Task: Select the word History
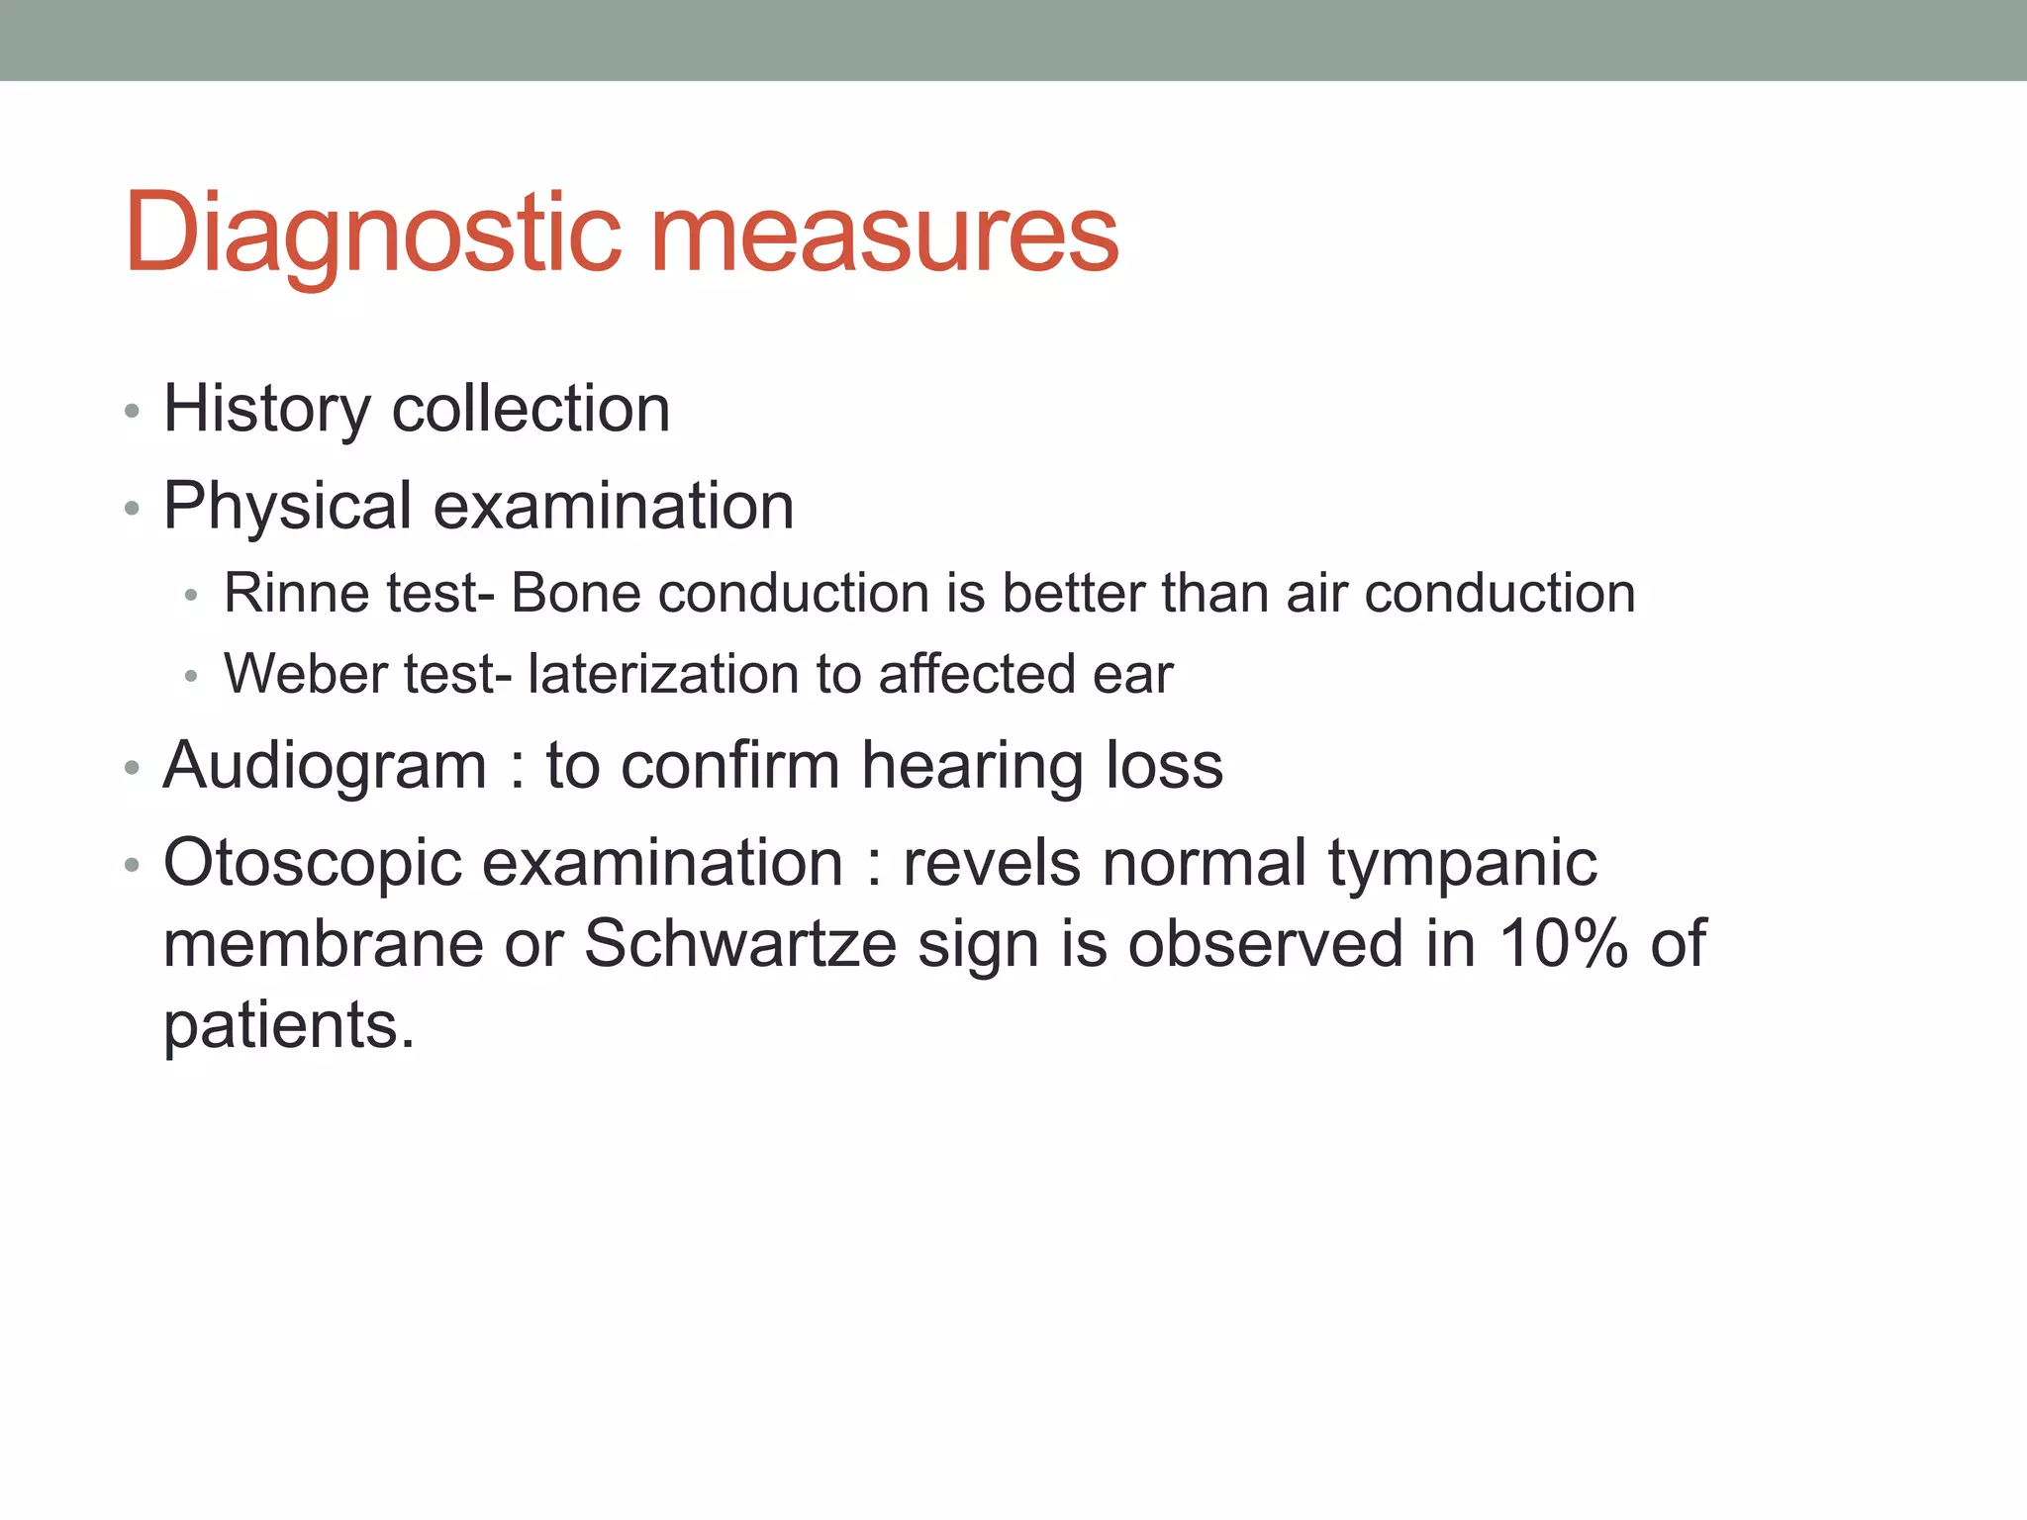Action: [x=266, y=409]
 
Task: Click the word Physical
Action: [x=287, y=506]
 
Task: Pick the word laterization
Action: [x=662, y=674]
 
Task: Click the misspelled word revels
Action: [x=992, y=863]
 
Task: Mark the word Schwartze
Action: [x=739, y=943]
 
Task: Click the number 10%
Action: [x=1563, y=943]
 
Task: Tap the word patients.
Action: [x=288, y=1025]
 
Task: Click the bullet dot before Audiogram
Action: [x=132, y=768]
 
